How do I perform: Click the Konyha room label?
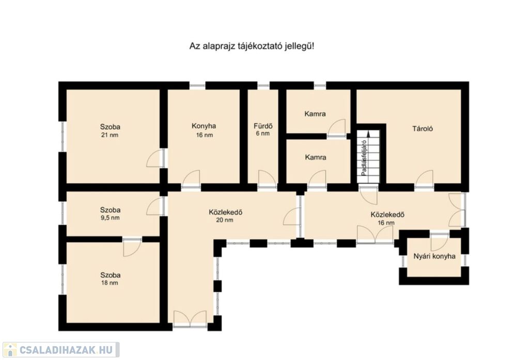click(x=204, y=126)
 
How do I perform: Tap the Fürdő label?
click(x=263, y=126)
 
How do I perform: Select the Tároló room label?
click(x=423, y=129)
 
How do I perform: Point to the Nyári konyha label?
click(x=434, y=256)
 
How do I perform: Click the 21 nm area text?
click(x=110, y=135)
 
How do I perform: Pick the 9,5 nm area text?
click(x=110, y=217)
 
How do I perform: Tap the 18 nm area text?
click(x=110, y=283)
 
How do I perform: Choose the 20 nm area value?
click(x=225, y=221)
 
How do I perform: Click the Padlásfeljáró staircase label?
click(x=364, y=158)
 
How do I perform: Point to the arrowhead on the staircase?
click(x=369, y=134)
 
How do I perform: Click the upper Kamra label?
click(x=315, y=114)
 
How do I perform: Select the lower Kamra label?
click(x=316, y=157)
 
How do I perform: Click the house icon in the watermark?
click(x=10, y=350)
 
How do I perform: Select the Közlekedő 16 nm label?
click(x=387, y=218)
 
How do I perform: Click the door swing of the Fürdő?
click(x=267, y=178)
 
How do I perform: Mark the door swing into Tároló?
click(x=424, y=178)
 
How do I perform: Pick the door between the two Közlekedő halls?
click(x=292, y=216)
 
